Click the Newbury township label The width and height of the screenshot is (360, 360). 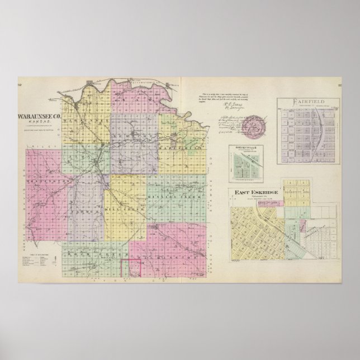click(x=129, y=136)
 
